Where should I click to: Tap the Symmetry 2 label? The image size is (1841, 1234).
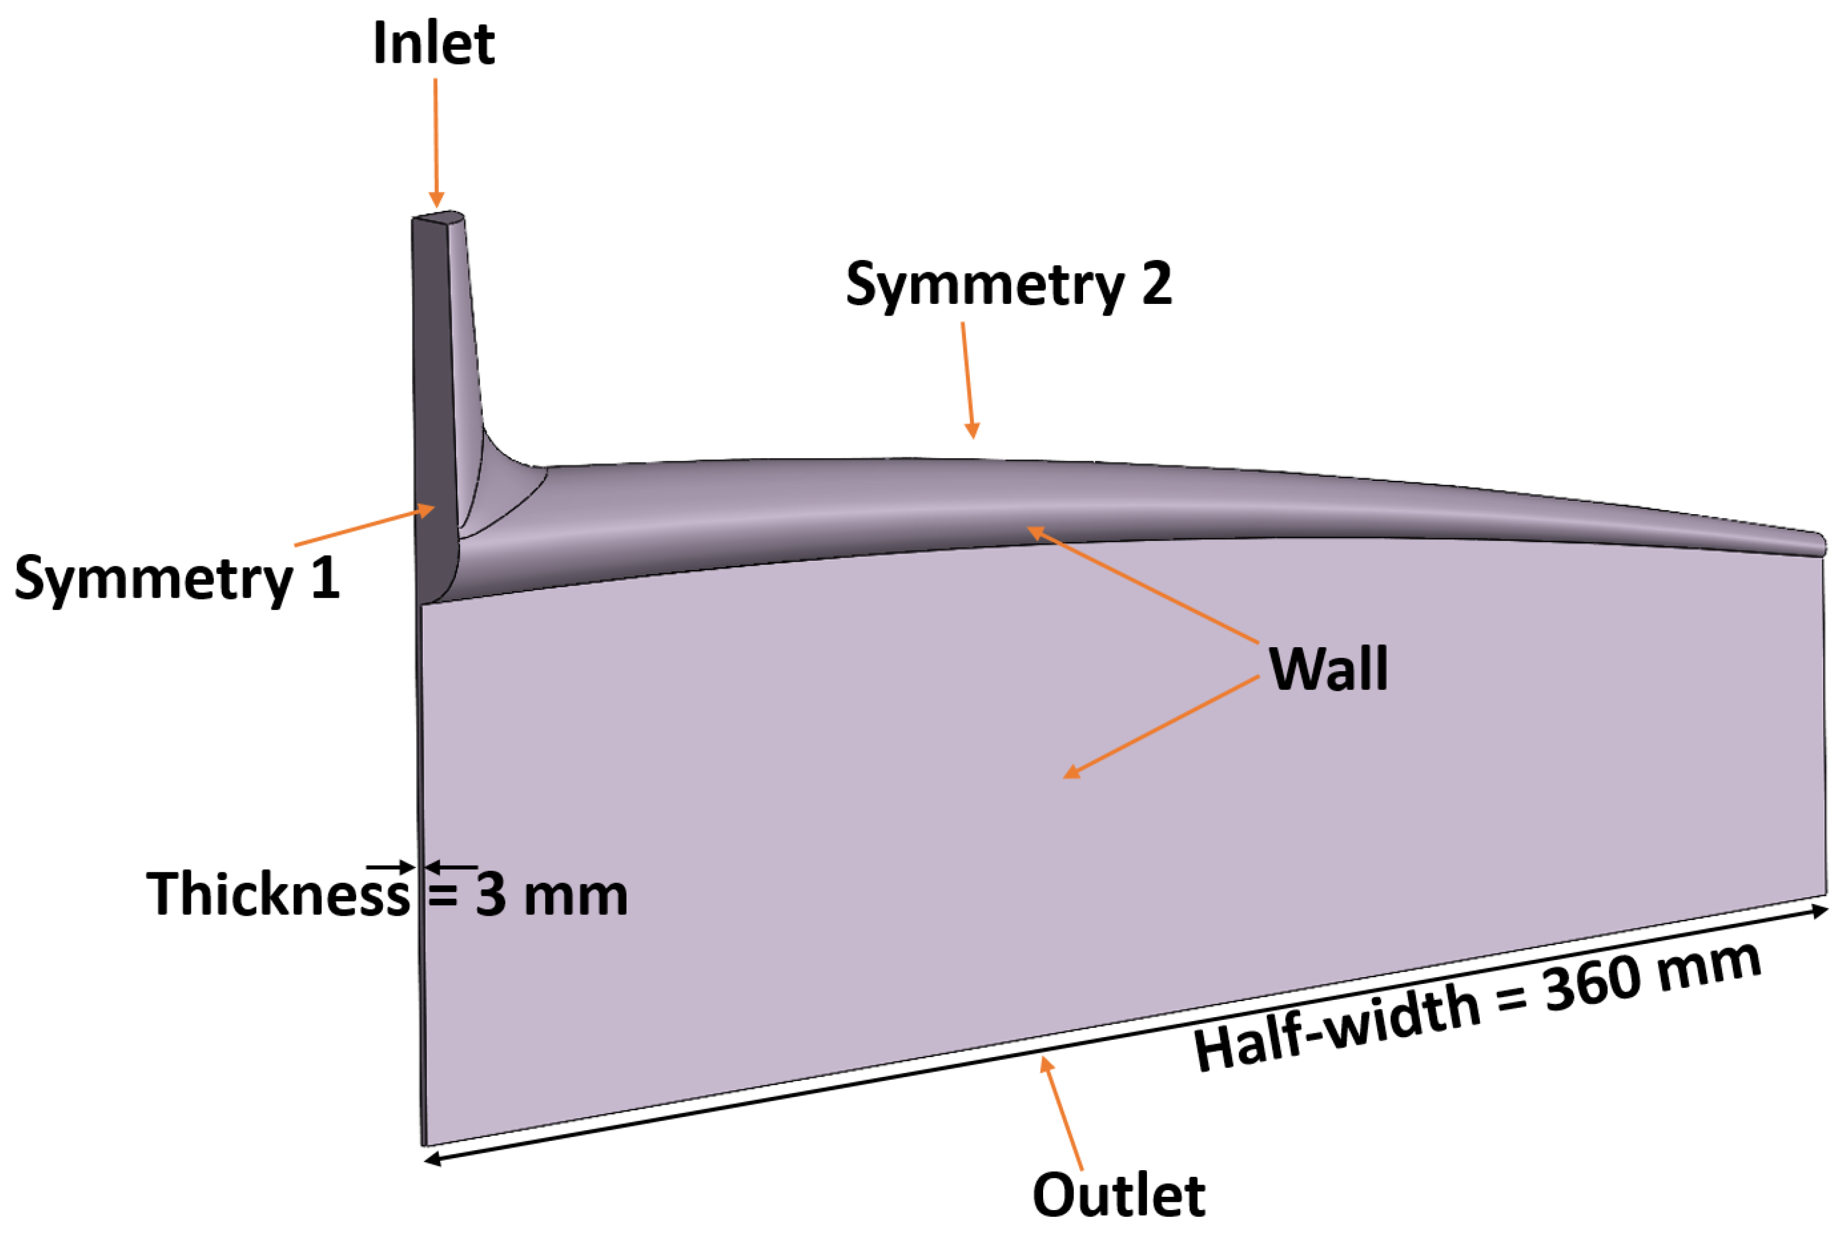[1008, 285]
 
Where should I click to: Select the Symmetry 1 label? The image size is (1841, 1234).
[176, 578]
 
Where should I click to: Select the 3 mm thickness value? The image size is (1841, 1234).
[551, 895]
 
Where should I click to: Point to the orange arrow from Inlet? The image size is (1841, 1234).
[435, 141]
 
